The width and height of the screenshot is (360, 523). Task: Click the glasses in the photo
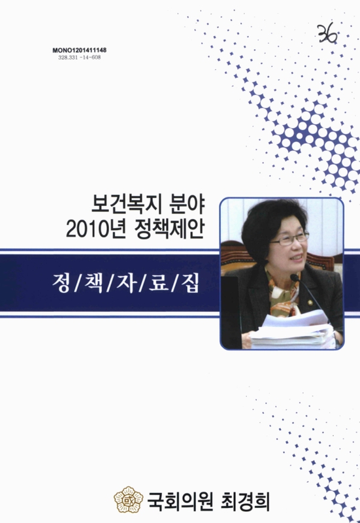point(287,239)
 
